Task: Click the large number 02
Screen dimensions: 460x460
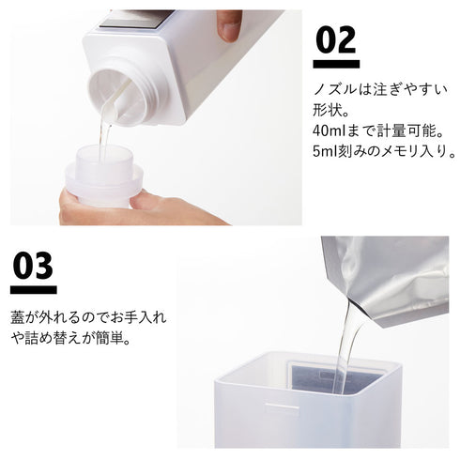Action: click(336, 39)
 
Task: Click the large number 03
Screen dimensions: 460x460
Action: click(33, 266)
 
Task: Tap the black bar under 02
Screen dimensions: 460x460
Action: click(336, 64)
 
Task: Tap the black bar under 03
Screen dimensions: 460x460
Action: click(34, 290)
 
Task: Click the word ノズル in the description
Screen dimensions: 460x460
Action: click(335, 90)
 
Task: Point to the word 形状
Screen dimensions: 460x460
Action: click(327, 110)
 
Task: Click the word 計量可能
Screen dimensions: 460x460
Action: click(406, 131)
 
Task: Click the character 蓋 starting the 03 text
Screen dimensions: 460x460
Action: click(18, 316)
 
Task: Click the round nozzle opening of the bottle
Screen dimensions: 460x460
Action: click(119, 96)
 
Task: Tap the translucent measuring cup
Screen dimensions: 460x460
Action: click(103, 176)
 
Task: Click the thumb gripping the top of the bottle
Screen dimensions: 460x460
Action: click(229, 25)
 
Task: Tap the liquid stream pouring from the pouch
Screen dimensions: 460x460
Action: click(347, 347)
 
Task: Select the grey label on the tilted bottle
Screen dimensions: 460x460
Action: click(138, 19)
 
